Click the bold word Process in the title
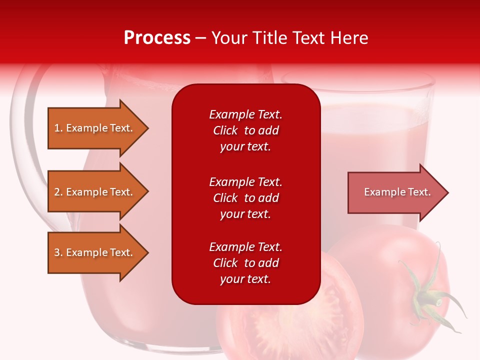[x=157, y=38]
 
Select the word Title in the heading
[x=269, y=38]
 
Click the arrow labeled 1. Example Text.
[x=98, y=128]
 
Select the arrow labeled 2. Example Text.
[x=98, y=191]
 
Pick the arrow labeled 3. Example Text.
[x=98, y=252]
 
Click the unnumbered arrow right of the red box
[x=398, y=192]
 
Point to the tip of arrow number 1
[x=148, y=128]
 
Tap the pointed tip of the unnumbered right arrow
[x=448, y=192]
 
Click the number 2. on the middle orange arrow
[x=58, y=192]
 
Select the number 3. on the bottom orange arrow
[x=58, y=252]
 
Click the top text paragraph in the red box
[x=246, y=130]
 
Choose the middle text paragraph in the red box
[x=246, y=198]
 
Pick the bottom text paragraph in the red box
[x=246, y=263]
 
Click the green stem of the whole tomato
[x=428, y=294]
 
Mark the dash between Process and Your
[x=201, y=39]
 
